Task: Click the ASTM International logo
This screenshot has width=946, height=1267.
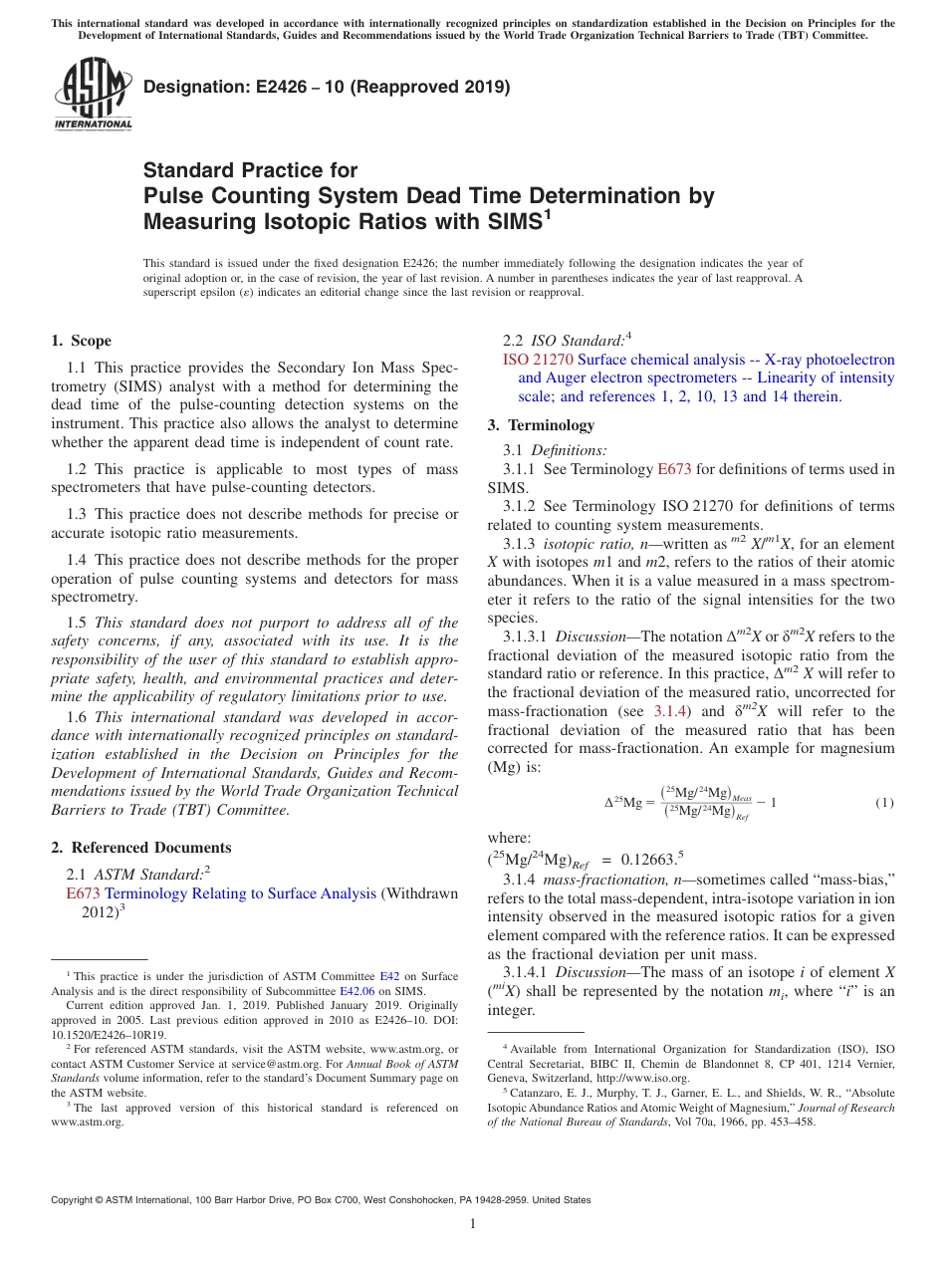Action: (93, 95)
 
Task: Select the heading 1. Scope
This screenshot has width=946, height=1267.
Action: (81, 341)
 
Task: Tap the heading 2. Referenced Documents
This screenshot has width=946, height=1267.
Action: (140, 848)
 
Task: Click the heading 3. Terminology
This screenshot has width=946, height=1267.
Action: (541, 425)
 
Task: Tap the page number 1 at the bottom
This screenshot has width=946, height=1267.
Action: (473, 1224)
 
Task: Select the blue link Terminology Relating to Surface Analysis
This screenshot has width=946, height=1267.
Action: (240, 893)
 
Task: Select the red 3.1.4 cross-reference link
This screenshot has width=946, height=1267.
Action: (667, 711)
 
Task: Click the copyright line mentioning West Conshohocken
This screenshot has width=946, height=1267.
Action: (321, 1200)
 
